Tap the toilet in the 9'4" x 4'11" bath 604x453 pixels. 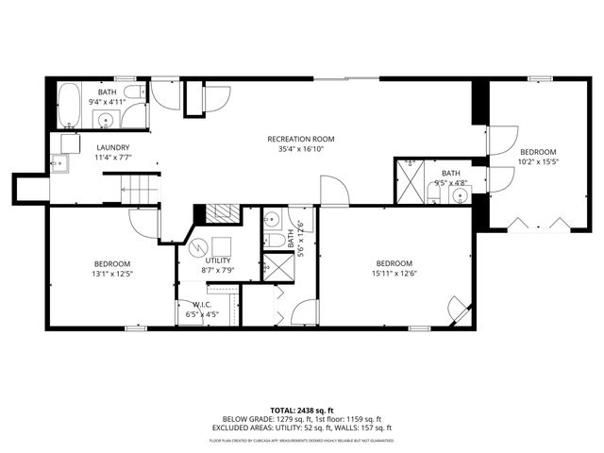click(134, 92)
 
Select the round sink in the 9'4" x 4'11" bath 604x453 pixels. click(106, 121)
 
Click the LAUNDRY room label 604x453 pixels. click(113, 148)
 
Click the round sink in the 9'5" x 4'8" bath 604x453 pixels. click(461, 196)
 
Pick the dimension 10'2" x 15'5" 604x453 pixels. click(538, 161)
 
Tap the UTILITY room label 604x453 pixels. click(219, 260)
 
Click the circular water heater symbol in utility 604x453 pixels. click(197, 250)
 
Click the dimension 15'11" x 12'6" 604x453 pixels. click(394, 274)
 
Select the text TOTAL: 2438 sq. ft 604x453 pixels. click(301, 411)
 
